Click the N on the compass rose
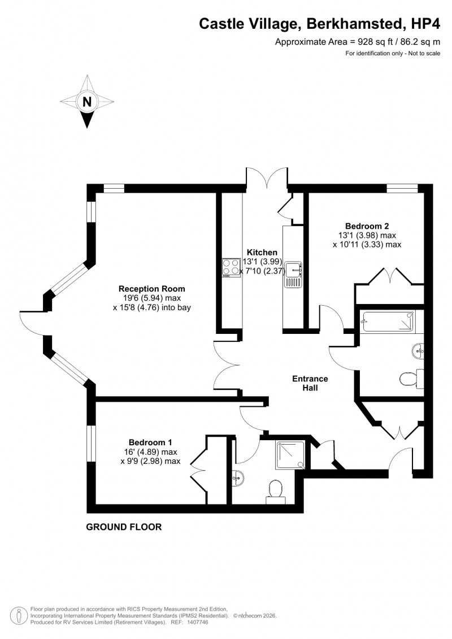87,102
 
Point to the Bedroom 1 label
150,442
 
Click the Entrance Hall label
309,384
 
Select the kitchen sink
294,275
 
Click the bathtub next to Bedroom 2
389,322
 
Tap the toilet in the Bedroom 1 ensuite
276,489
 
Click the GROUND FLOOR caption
124,527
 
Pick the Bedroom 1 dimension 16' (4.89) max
150,451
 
